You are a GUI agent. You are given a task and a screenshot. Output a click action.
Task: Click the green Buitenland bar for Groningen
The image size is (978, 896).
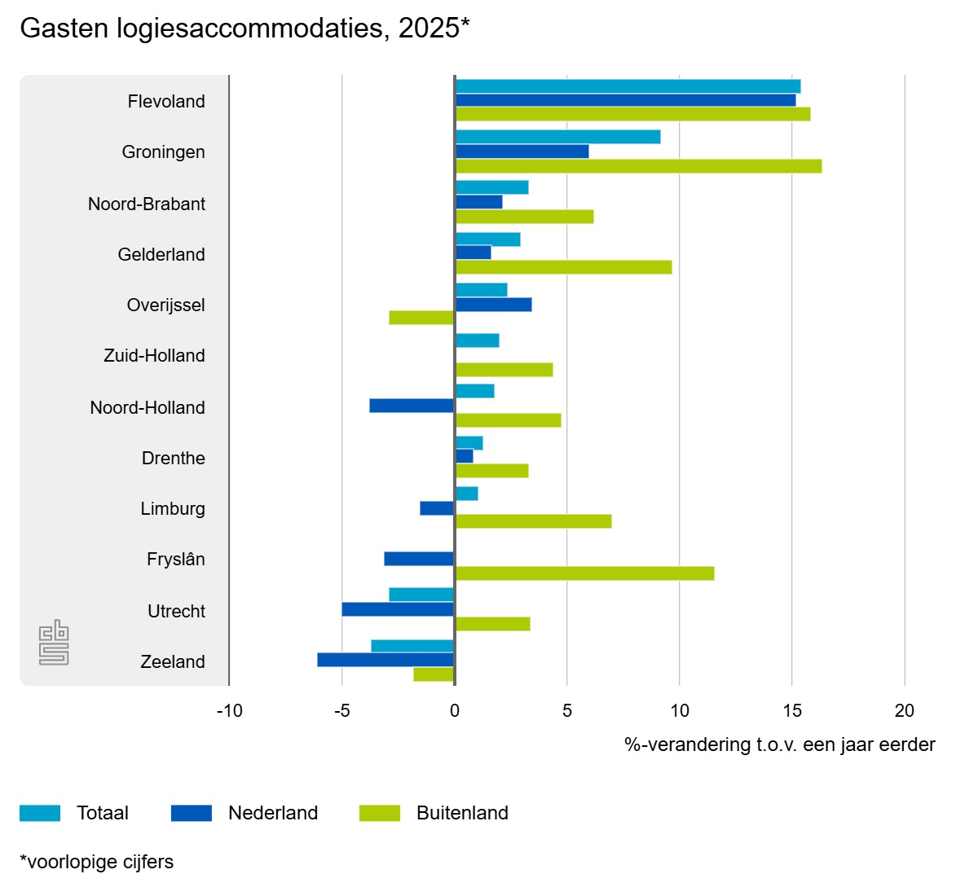click(x=638, y=166)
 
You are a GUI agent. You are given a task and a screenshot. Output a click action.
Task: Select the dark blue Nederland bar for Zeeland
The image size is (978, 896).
click(x=385, y=660)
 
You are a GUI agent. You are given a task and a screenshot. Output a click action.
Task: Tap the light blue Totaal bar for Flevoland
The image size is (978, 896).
click(x=628, y=86)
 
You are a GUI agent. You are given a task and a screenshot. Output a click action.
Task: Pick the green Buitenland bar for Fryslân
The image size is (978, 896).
click(x=584, y=573)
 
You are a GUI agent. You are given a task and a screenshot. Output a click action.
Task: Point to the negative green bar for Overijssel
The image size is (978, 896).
click(x=421, y=318)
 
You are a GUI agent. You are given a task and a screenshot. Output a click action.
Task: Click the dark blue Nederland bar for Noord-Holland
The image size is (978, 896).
click(x=412, y=406)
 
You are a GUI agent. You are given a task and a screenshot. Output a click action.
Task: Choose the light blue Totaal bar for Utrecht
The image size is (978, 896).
click(x=421, y=595)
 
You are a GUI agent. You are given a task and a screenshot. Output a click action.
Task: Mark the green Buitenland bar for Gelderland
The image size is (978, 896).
click(x=563, y=267)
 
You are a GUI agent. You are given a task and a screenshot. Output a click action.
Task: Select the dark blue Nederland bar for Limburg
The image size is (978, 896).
click(x=437, y=508)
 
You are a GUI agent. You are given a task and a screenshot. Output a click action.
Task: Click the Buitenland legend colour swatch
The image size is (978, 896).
click(x=380, y=813)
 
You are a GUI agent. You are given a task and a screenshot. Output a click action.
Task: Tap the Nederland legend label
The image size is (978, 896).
click(x=273, y=813)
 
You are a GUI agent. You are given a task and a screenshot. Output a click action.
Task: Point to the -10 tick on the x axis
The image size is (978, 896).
click(x=230, y=711)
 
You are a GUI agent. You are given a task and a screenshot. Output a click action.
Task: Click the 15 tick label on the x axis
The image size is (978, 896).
click(x=792, y=711)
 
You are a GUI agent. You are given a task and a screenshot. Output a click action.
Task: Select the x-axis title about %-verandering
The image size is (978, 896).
click(x=779, y=744)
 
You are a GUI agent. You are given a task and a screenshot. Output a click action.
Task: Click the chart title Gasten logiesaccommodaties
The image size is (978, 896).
click(x=244, y=28)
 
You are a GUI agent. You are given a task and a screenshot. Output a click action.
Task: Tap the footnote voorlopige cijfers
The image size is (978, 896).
click(x=96, y=862)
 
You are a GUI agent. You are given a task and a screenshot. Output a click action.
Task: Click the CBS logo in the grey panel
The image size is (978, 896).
click(x=54, y=643)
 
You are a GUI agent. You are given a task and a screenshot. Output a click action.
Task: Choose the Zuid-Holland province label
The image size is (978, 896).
click(x=154, y=355)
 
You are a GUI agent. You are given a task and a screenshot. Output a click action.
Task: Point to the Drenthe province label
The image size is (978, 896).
click(x=173, y=458)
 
